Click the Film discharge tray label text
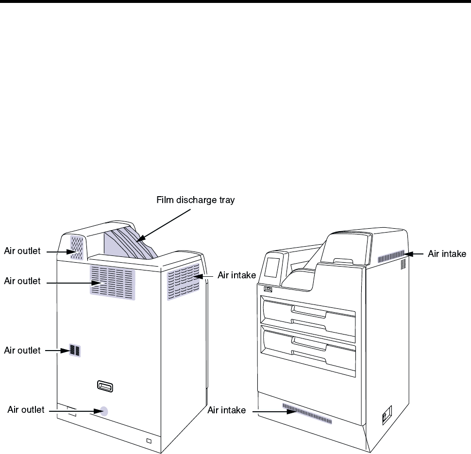pos(195,200)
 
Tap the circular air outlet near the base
pos(103,411)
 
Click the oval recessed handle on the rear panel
pos(105,386)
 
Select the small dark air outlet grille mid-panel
pos(75,351)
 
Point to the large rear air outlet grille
pos(112,281)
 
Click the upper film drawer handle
pos(308,311)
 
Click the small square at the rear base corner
pos(149,441)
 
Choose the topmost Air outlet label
pos(22,251)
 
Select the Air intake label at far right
pos(446,253)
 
